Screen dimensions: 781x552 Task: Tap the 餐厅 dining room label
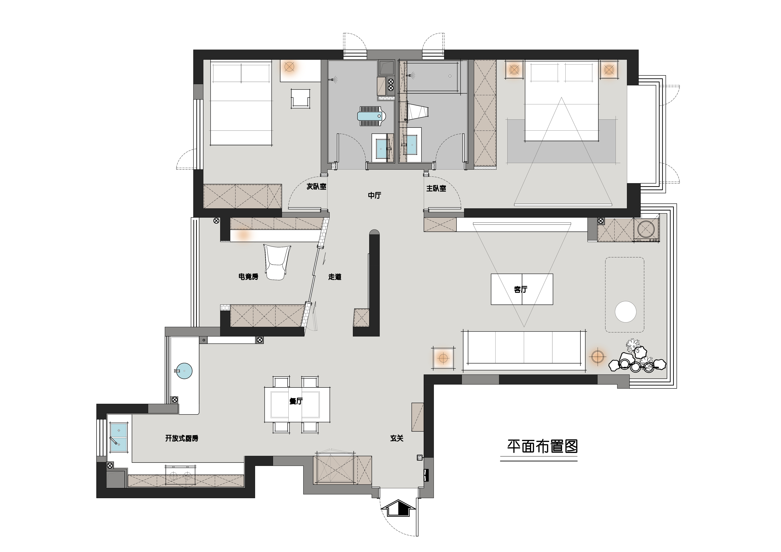click(x=296, y=401)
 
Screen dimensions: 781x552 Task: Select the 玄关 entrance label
click(x=397, y=438)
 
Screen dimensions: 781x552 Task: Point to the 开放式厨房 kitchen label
click(x=182, y=438)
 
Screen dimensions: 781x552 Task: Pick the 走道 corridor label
click(x=335, y=277)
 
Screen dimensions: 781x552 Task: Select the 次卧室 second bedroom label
click(x=316, y=186)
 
